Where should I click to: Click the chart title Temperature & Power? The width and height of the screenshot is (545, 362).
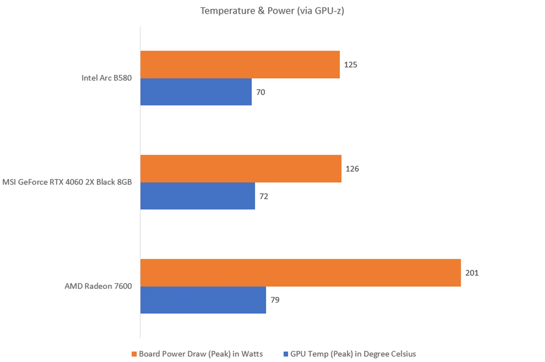point(272,11)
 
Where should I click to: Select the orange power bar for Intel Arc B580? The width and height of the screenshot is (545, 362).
point(240,65)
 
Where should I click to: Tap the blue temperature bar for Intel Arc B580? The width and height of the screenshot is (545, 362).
point(196,92)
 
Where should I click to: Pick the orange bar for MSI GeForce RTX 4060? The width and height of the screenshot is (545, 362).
point(241,168)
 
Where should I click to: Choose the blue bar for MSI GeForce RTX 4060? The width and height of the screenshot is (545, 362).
point(198,196)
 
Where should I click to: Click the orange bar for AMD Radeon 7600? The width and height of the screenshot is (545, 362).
point(300,272)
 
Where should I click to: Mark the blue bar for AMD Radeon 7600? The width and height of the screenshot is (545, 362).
point(203,300)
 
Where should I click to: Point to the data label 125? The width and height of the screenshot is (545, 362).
point(351,65)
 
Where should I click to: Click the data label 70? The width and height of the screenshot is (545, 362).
point(261,92)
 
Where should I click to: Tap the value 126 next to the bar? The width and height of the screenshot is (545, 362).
point(352,169)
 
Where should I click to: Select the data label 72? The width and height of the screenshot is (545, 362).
point(264,196)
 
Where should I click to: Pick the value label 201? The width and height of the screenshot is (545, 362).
point(472,273)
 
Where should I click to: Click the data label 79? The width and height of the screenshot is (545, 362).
point(275,300)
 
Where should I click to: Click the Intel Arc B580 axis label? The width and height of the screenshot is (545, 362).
point(106,78)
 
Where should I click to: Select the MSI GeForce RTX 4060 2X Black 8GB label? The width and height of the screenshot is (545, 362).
point(67,182)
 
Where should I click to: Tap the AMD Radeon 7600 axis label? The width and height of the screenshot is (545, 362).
point(98,286)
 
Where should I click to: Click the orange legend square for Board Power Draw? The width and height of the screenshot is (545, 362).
point(134,354)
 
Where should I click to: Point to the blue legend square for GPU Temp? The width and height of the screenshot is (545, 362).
point(286,354)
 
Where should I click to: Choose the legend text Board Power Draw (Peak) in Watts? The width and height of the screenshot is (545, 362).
point(201,354)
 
